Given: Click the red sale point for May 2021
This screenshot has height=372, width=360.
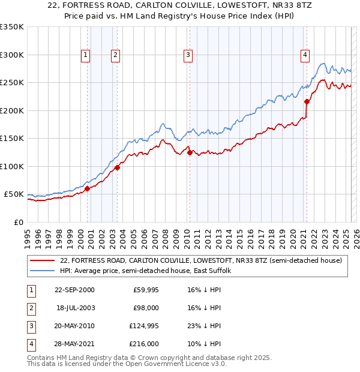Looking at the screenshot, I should (x=307, y=101).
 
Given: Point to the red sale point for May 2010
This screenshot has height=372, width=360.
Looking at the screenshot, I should (x=190, y=152).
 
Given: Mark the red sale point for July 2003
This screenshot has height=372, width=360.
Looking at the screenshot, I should (x=118, y=167).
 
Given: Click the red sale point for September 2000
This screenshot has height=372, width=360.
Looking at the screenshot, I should (x=88, y=188).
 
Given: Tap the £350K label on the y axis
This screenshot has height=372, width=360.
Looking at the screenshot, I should (x=12, y=27).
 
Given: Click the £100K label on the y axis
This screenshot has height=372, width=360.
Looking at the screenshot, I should (x=12, y=166).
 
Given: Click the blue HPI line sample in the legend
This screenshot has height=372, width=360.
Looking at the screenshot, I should (x=43, y=271).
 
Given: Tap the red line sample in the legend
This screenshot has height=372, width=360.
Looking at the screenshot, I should (x=43, y=260).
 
